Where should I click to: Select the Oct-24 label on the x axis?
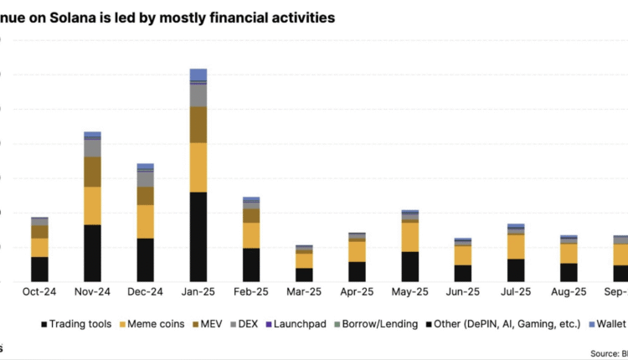point(39,292)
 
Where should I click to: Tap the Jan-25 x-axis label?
point(198,292)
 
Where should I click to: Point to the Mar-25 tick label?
point(304,292)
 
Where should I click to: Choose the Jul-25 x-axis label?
point(516,292)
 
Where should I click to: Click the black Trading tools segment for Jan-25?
point(198,237)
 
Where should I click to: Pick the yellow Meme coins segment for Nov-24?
point(92,205)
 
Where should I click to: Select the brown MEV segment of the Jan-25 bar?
point(198,125)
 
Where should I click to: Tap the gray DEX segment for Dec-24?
point(146,178)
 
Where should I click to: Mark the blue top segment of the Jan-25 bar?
point(198,75)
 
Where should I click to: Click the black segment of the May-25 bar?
point(410,266)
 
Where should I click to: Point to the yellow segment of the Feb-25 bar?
point(251,235)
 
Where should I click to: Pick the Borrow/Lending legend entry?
point(378,323)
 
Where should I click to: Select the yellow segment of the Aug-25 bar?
point(569,253)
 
